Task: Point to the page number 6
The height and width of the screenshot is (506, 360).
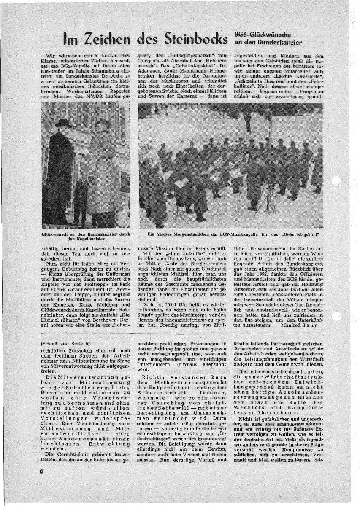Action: [x=41, y=472]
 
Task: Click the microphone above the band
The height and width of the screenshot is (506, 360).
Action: [x=268, y=113]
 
